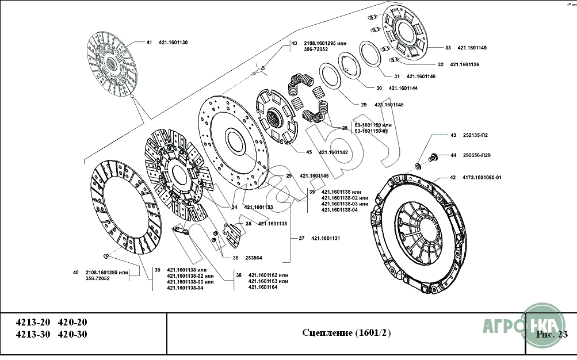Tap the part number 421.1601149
(472, 48)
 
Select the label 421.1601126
(464, 64)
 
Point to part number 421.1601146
(421, 76)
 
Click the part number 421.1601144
(403, 89)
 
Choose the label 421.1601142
(334, 152)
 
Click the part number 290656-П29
(476, 155)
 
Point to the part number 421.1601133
(258, 207)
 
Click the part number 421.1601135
(272, 224)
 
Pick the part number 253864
(253, 258)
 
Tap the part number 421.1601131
(326, 238)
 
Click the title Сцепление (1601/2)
(346, 334)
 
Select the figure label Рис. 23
(551, 334)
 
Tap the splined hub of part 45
(277, 120)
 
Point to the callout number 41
(148, 43)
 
